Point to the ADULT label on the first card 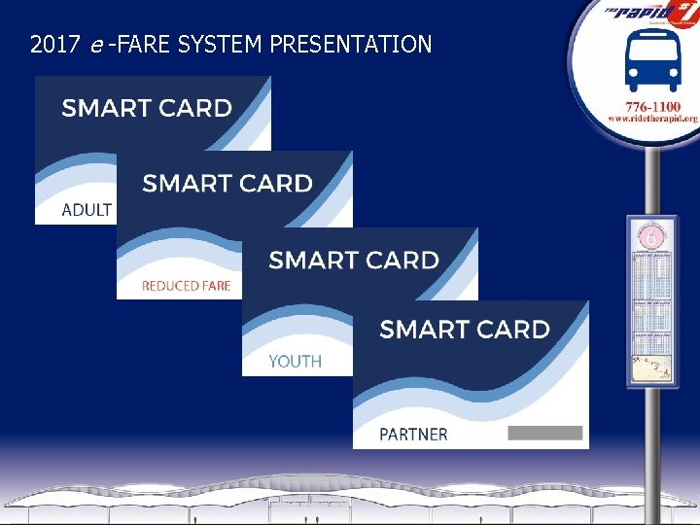[87, 210]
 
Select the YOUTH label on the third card [295, 362]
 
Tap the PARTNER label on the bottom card [413, 435]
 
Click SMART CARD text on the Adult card [147, 108]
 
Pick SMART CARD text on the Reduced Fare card [227, 183]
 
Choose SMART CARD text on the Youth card [354, 260]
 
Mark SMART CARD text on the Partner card [465, 330]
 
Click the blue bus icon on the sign [652, 59]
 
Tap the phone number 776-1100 [652, 105]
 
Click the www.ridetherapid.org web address [652, 119]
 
